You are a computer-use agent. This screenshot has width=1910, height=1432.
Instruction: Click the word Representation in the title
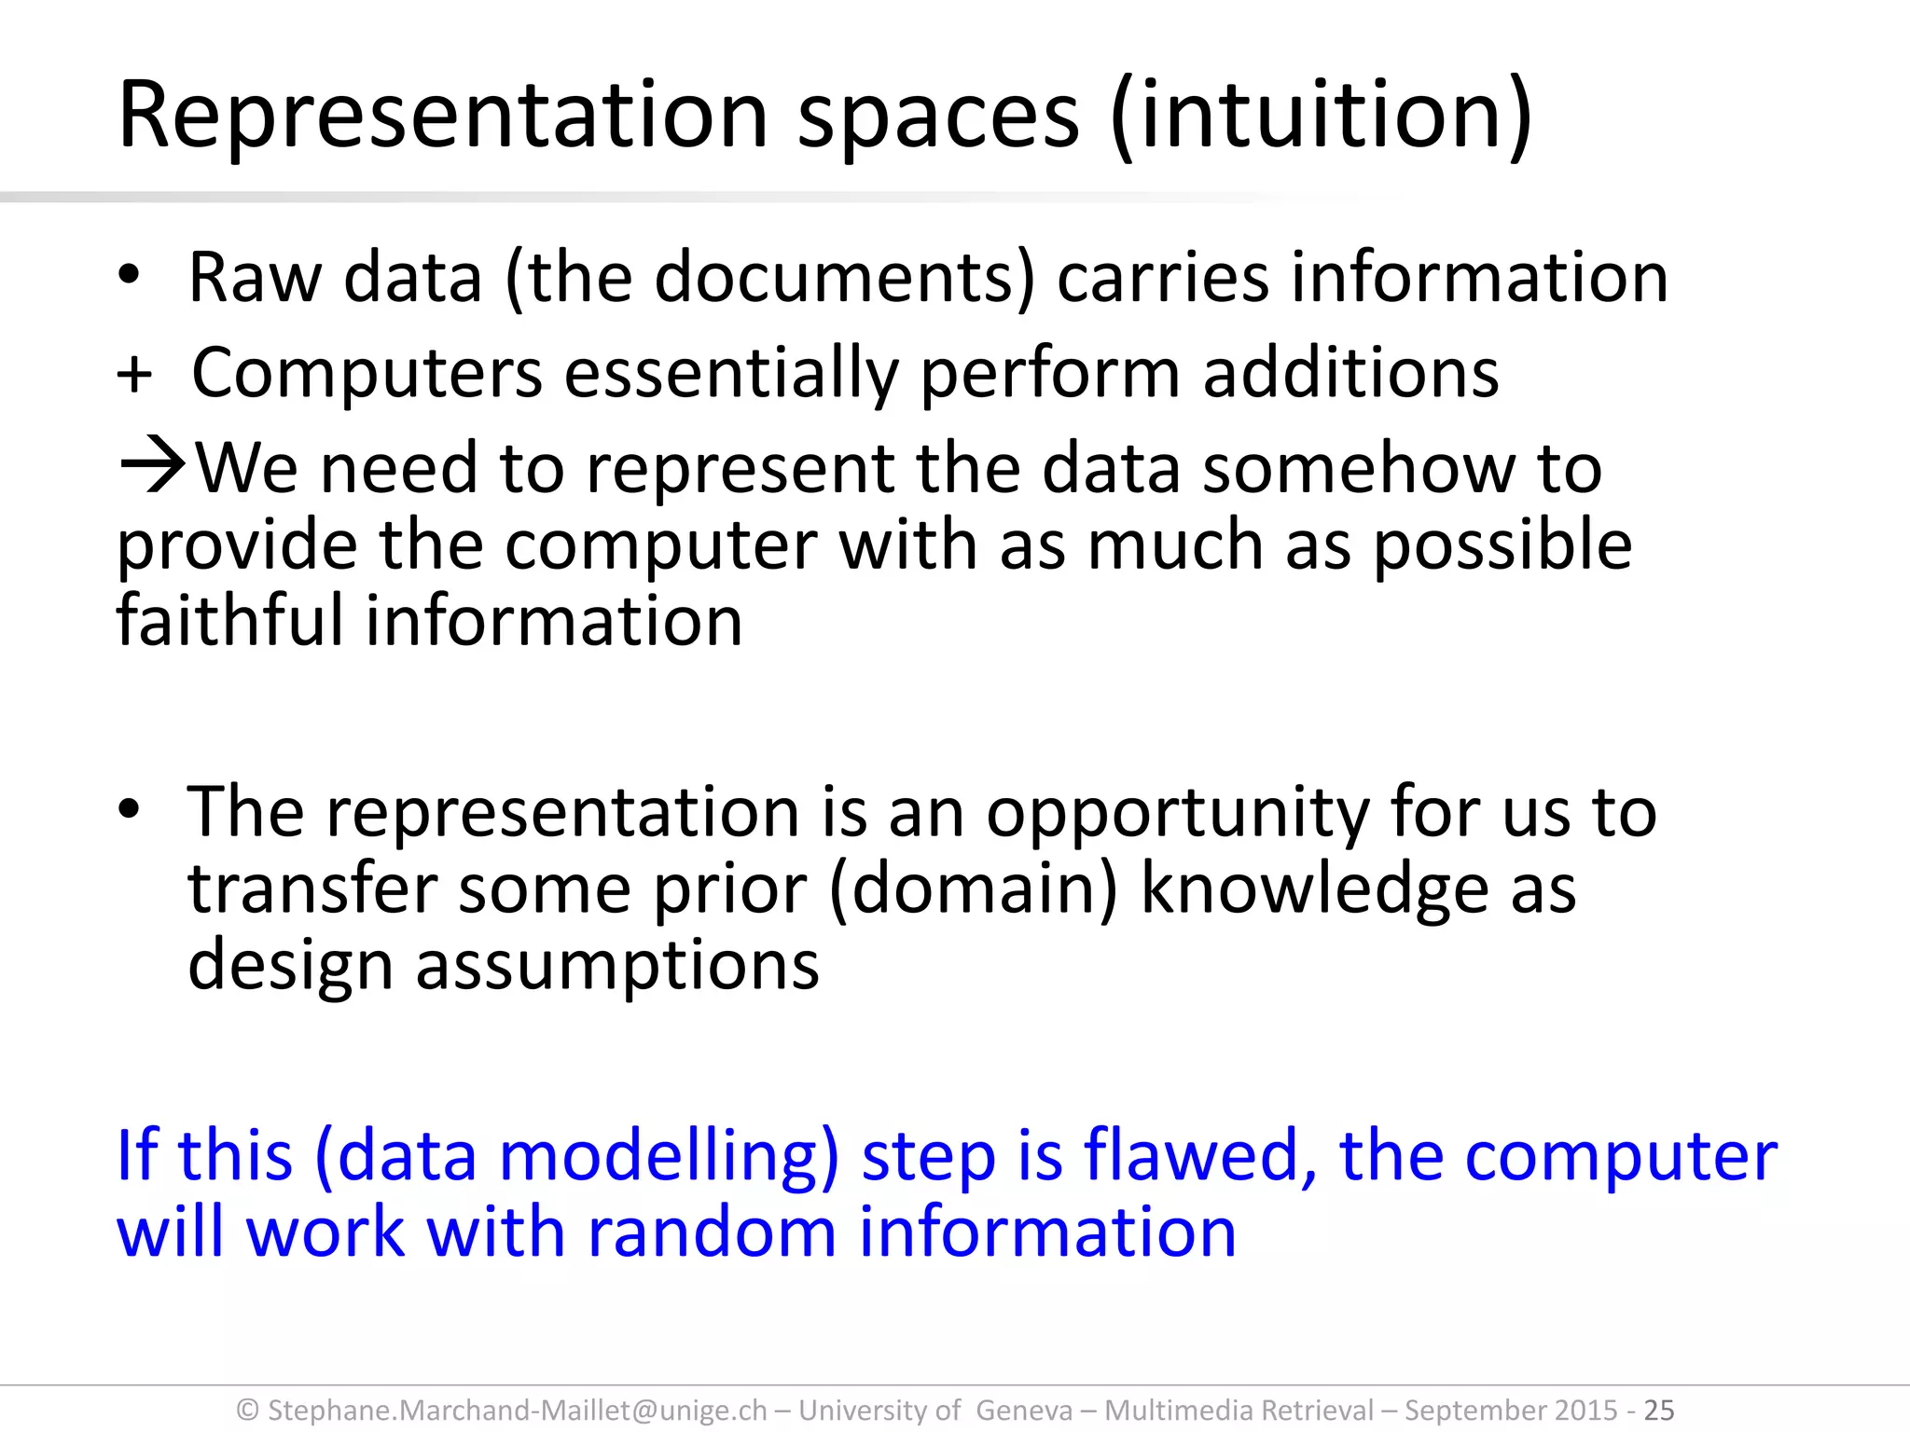443,117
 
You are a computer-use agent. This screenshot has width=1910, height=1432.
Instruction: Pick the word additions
1350,373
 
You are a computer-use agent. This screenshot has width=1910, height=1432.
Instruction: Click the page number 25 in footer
1659,1410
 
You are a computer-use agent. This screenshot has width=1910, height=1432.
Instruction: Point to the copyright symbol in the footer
248,1411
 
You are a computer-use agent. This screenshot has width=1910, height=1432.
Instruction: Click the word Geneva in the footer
1024,1411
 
